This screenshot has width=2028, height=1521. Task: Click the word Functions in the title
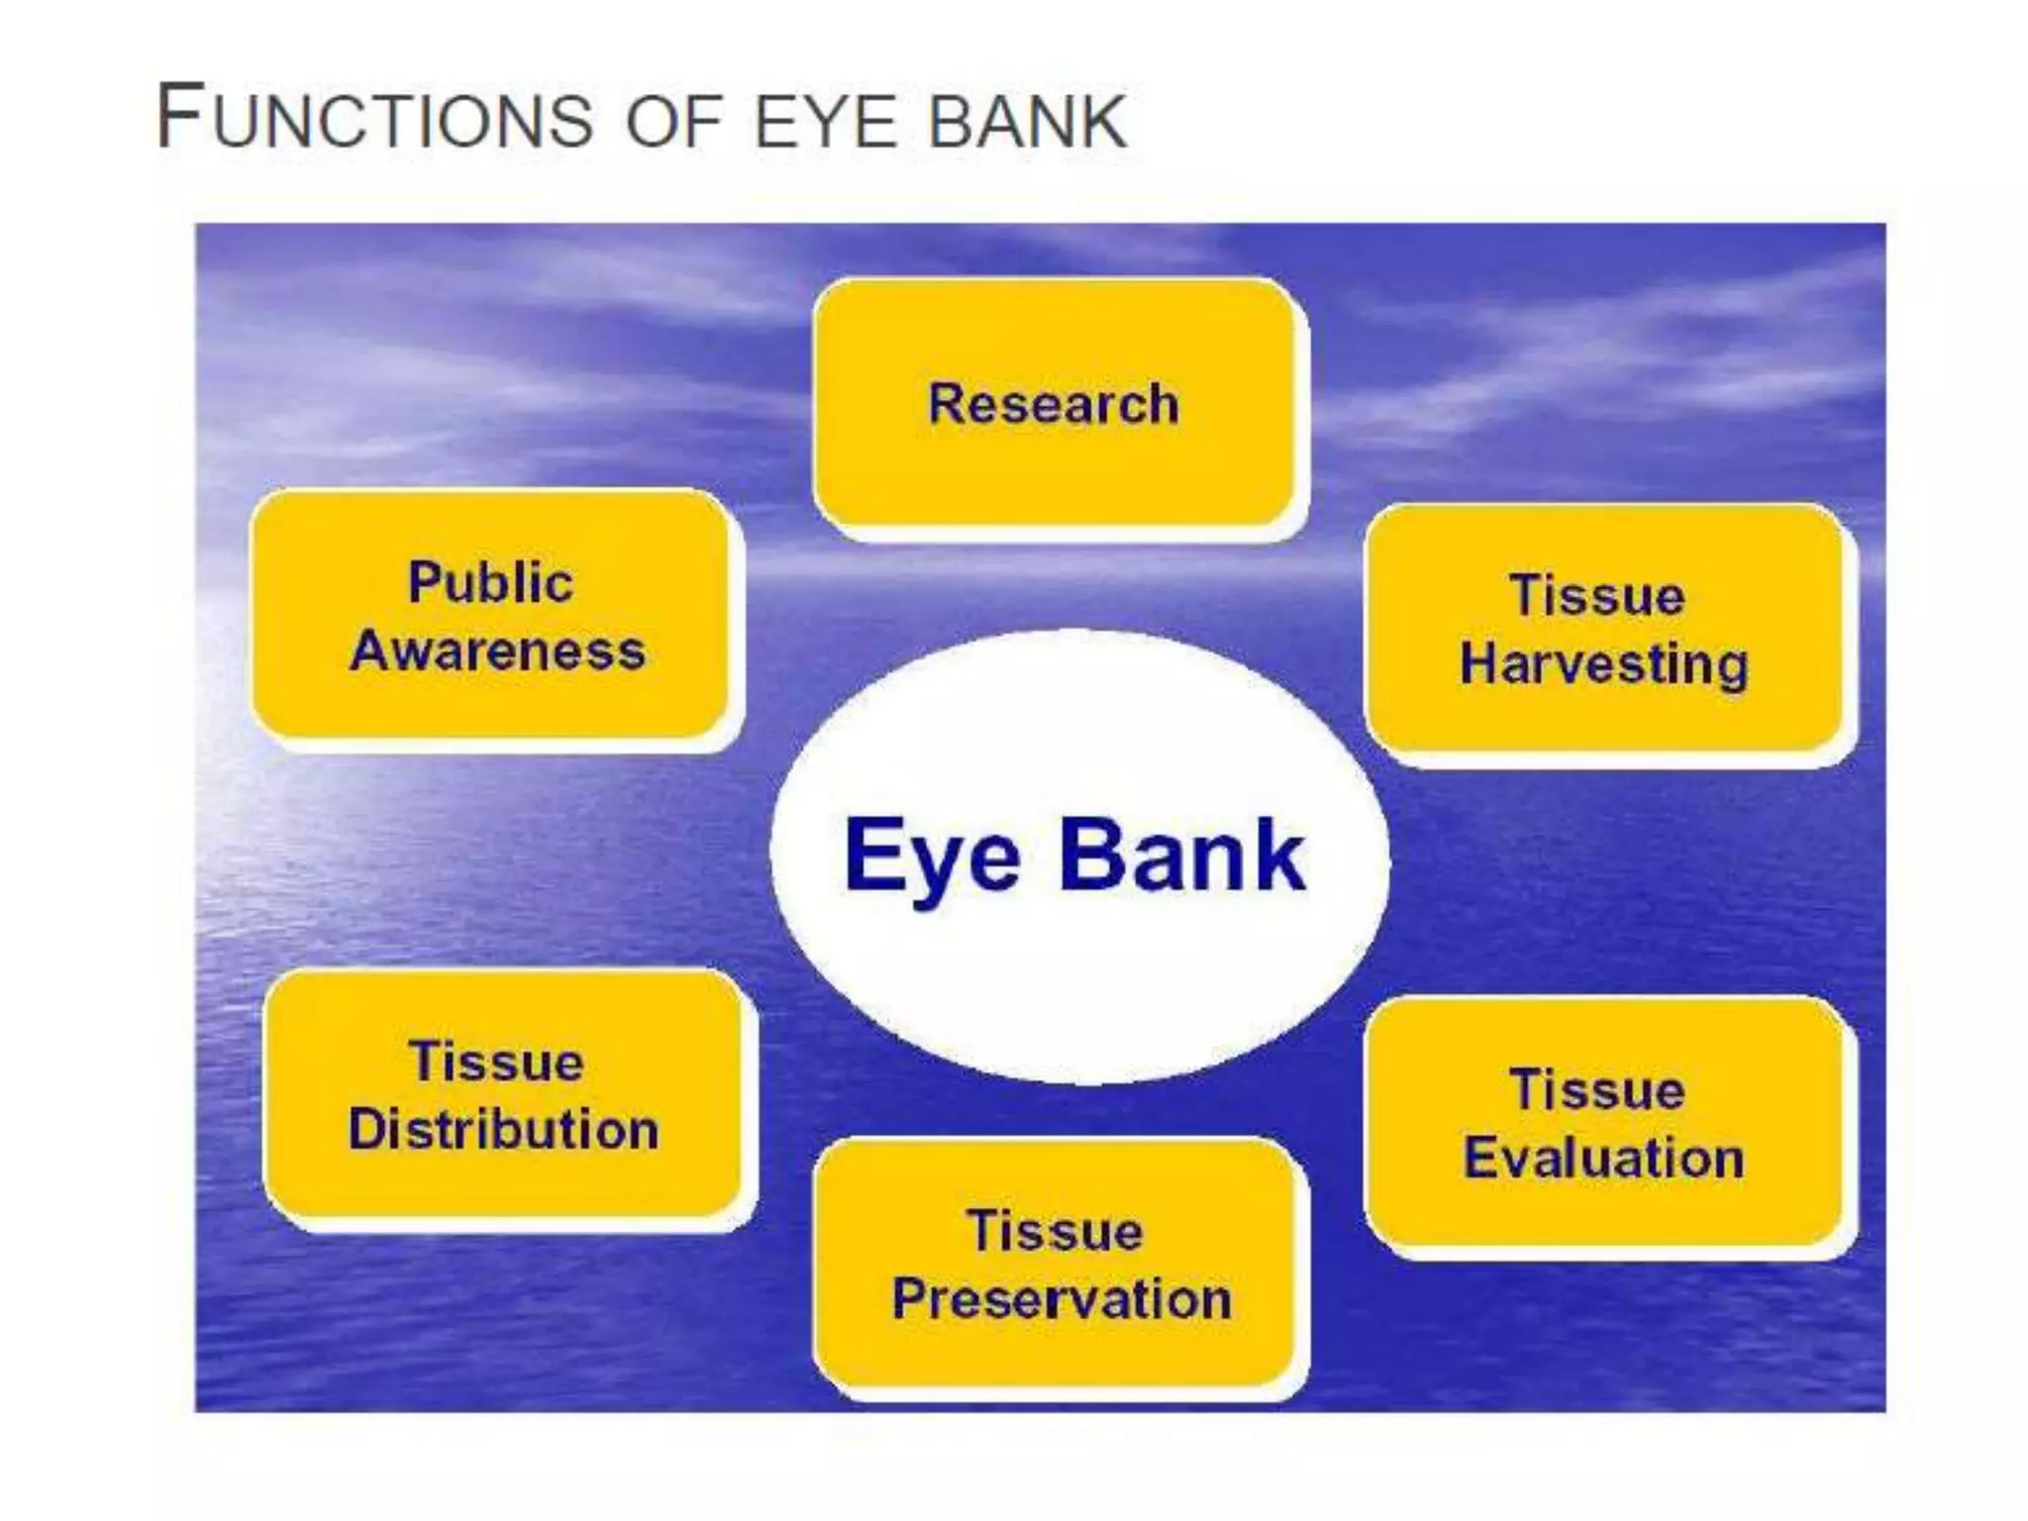375,119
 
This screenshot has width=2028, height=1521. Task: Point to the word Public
490,582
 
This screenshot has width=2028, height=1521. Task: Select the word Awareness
497,652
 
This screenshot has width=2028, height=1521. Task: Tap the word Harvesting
1604,663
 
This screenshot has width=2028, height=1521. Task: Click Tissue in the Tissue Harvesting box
1596,596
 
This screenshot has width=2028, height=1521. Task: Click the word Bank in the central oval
1182,856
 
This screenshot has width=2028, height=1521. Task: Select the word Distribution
503,1130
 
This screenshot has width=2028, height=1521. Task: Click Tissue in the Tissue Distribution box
496,1062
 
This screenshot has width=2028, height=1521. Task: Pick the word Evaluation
1604,1158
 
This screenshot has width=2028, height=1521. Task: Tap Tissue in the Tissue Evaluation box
1596,1090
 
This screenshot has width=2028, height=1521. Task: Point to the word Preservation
1062,1298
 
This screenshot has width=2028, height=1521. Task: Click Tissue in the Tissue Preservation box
1055,1231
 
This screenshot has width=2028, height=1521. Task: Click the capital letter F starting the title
180,117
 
